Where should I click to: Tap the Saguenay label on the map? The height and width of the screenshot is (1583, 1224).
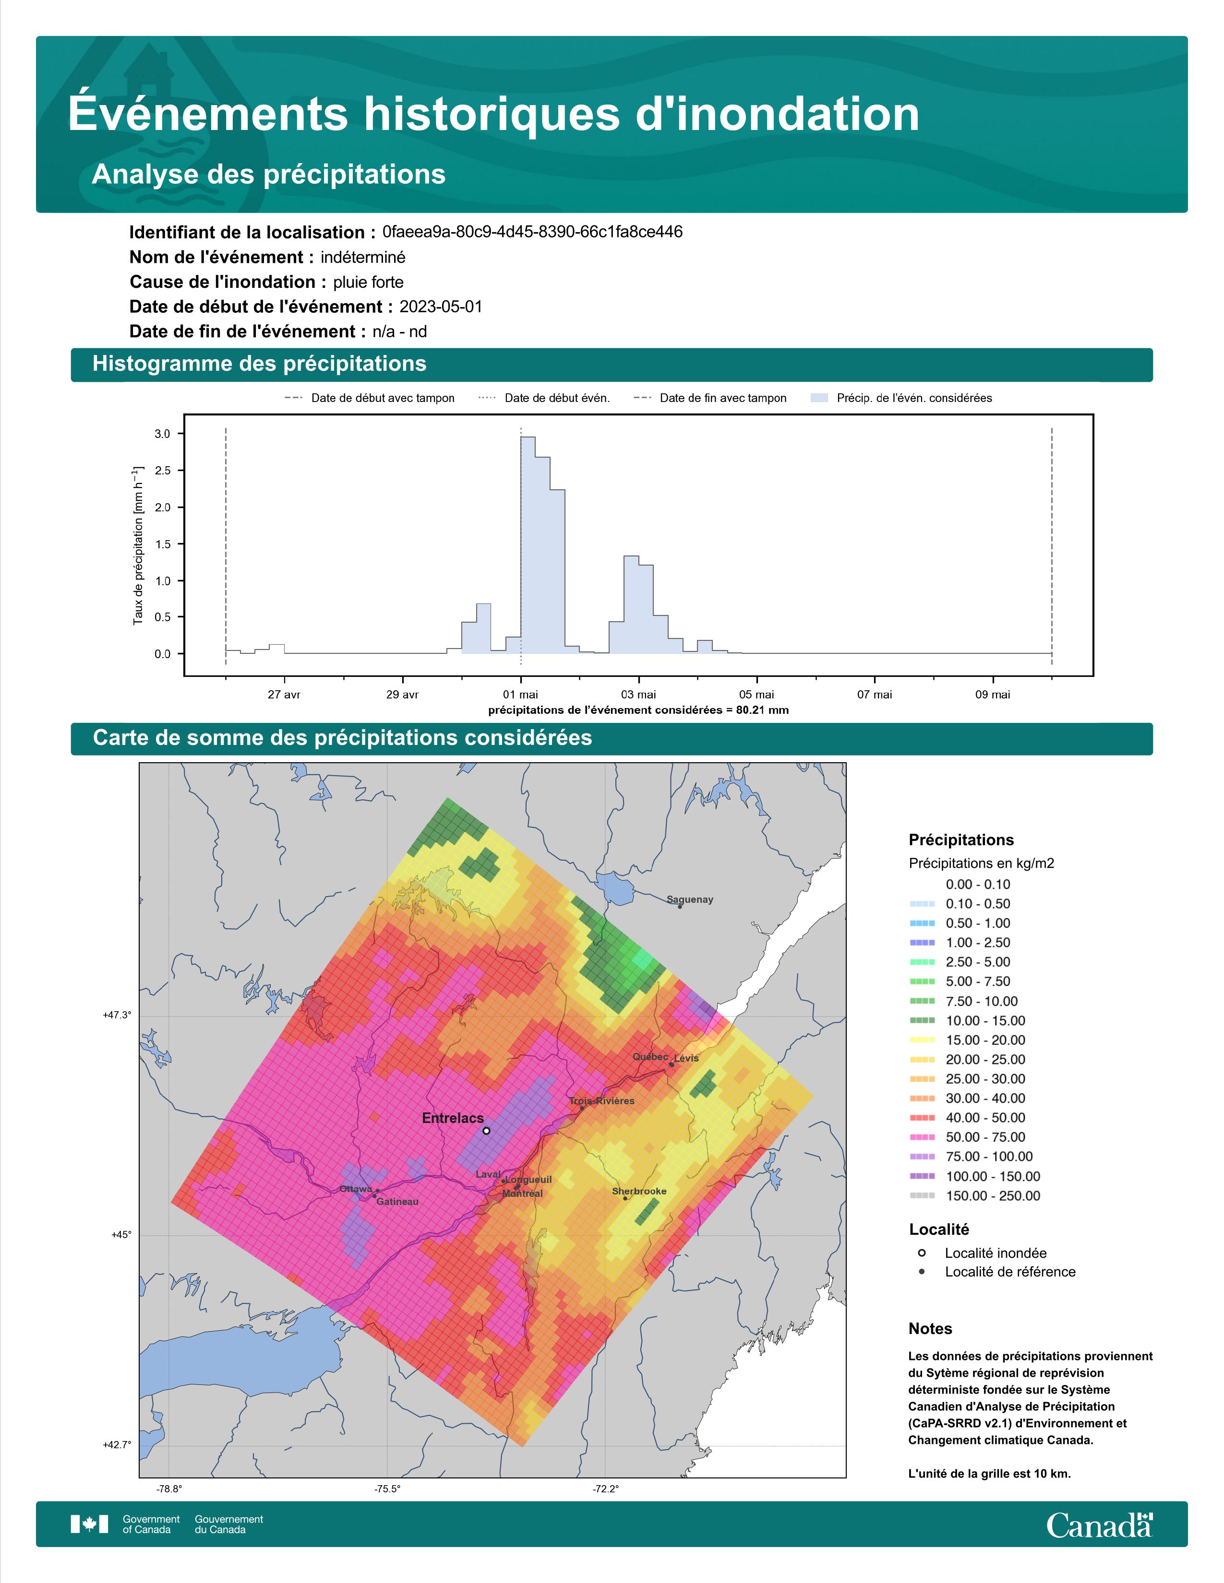tap(690, 899)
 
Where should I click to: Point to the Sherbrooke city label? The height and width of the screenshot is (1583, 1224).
tap(639, 1191)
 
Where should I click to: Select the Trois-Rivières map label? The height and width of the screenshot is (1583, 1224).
tap(601, 1101)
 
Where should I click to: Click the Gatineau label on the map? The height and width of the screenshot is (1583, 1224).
tap(397, 1202)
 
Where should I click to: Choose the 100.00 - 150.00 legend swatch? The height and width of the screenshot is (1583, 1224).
tap(922, 1176)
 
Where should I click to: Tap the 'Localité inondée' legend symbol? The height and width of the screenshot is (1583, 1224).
tap(922, 1252)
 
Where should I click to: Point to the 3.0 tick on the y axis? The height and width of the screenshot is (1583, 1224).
tap(162, 434)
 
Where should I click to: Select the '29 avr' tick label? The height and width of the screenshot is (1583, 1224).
tap(402, 695)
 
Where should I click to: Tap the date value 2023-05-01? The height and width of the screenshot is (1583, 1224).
tap(441, 307)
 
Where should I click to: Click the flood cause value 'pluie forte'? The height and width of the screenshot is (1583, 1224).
tap(368, 282)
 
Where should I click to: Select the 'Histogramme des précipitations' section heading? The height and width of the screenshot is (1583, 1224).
tap(260, 364)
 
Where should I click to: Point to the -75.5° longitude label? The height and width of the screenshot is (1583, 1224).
tap(387, 1489)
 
